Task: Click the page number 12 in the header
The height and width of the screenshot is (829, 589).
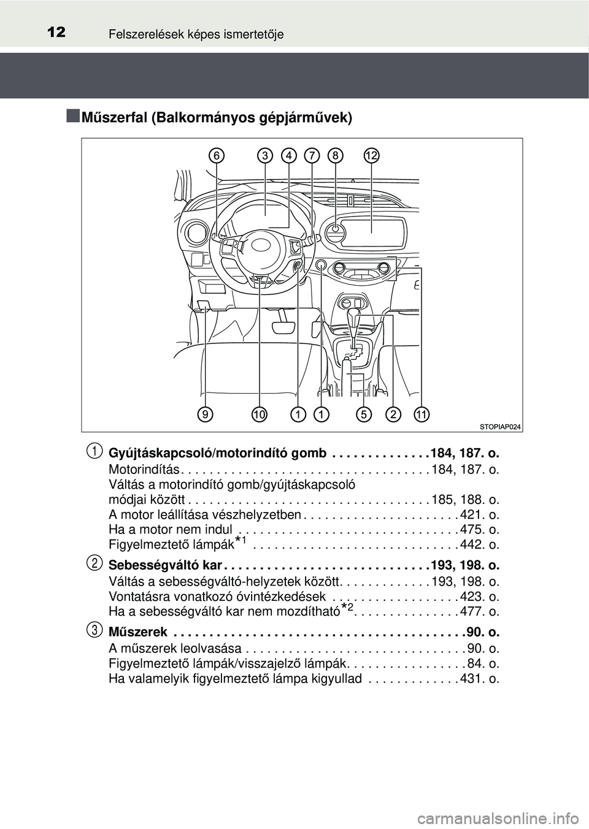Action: [x=56, y=32]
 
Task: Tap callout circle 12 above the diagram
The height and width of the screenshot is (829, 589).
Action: [x=371, y=156]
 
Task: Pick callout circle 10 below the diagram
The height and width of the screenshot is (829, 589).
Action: [x=260, y=415]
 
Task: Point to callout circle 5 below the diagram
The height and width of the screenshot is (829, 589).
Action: [x=364, y=415]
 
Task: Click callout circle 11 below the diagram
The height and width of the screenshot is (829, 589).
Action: [x=421, y=415]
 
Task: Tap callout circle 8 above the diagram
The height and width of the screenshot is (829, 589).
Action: [x=335, y=156]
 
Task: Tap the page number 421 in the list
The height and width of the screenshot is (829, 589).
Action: [x=471, y=514]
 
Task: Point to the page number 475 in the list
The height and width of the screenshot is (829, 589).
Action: [x=471, y=529]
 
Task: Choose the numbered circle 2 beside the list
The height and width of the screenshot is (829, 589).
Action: [x=94, y=563]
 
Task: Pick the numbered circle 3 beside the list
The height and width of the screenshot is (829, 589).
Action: [x=94, y=630]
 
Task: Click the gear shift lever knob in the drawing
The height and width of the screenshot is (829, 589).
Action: [x=354, y=315]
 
